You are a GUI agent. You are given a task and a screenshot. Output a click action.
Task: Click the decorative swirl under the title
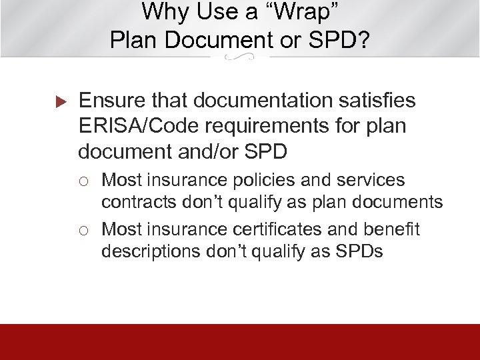tap(240, 59)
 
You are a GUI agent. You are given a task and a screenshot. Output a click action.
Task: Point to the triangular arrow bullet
tap(59, 102)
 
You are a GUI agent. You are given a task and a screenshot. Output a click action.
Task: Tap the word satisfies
tap(376, 101)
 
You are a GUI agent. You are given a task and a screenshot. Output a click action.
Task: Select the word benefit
tap(395, 230)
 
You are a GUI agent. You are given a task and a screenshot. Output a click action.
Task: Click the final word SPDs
tap(358, 251)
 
